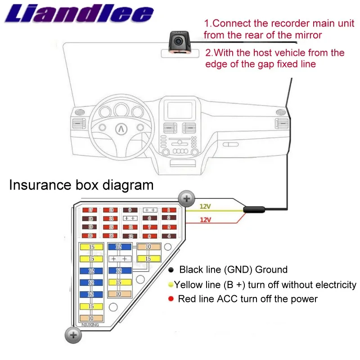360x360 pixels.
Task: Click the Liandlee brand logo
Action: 80,15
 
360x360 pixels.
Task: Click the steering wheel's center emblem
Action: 121,128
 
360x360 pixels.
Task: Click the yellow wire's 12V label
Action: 205,207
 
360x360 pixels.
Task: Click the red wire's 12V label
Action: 205,220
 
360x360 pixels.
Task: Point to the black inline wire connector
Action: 254,209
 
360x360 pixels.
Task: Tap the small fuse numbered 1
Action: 169,210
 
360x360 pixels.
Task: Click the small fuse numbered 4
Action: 169,236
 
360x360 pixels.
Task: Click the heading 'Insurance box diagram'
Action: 81,185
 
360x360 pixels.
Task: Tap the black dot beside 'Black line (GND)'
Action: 171,270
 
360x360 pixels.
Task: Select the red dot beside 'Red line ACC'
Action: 171,299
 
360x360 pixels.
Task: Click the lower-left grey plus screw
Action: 72,335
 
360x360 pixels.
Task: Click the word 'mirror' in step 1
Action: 306,35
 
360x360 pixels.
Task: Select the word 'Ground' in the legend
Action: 271,270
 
